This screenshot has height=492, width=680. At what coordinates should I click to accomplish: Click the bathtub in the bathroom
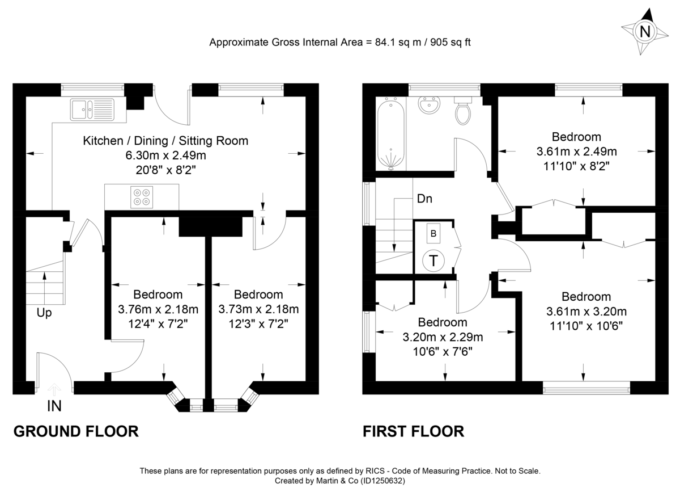pyautogui.click(x=390, y=134)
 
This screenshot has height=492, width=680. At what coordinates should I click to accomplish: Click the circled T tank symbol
pyautogui.click(x=434, y=260)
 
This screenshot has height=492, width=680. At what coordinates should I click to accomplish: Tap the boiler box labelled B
pyautogui.click(x=433, y=233)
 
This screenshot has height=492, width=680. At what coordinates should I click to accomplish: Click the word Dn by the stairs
pyautogui.click(x=425, y=199)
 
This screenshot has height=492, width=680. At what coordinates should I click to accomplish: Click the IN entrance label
pyautogui.click(x=54, y=406)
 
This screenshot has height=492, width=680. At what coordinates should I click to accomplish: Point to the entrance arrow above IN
pyautogui.click(x=54, y=389)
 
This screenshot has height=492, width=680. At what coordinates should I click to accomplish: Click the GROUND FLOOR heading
pyautogui.click(x=75, y=431)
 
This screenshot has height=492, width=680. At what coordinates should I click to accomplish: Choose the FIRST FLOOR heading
pyautogui.click(x=413, y=431)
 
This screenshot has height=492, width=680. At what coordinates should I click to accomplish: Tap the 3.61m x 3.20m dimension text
pyautogui.click(x=586, y=311)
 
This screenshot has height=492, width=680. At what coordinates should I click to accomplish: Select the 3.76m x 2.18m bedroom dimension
pyautogui.click(x=158, y=309)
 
